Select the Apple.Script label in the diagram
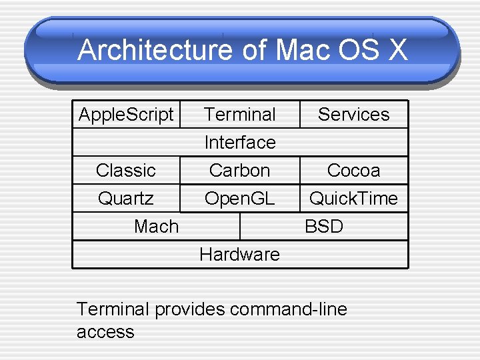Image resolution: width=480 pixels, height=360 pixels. point(126,114)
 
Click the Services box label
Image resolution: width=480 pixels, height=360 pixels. point(353,114)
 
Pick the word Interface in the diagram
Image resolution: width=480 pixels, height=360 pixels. point(240,142)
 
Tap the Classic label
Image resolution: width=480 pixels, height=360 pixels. point(126,170)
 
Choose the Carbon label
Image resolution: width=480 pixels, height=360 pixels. point(240,170)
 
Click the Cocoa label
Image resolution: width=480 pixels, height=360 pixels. point(353,170)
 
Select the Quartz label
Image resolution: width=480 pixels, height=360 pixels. point(126,198)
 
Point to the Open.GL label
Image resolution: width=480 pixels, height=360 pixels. point(240,198)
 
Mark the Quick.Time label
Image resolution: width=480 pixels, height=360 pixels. point(353,198)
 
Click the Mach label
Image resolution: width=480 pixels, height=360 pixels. point(157,226)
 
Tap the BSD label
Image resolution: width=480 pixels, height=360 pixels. point(324,226)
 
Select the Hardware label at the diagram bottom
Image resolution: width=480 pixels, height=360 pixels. point(240,254)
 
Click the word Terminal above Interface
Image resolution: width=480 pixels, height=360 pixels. point(240,114)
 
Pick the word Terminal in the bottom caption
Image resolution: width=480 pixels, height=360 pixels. point(113,309)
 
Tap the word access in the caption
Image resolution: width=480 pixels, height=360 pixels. point(105,331)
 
